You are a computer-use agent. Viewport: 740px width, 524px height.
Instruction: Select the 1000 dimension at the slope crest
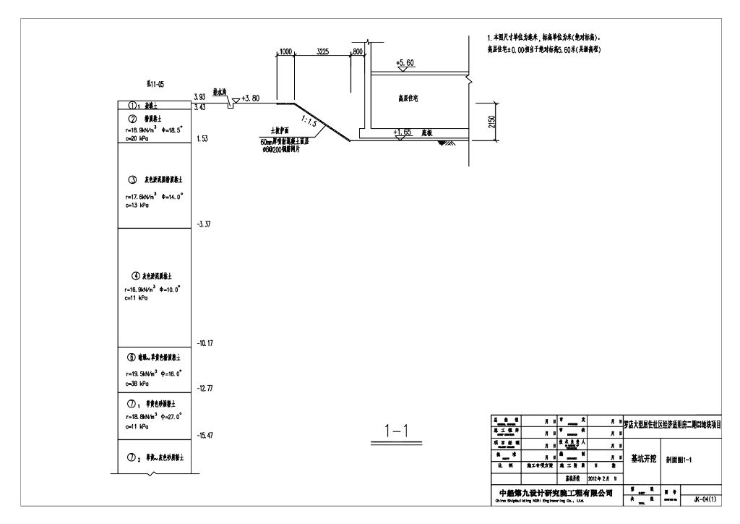click(285, 52)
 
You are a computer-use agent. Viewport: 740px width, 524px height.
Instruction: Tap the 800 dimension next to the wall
click(357, 52)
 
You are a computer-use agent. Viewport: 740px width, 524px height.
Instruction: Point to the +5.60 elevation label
click(405, 64)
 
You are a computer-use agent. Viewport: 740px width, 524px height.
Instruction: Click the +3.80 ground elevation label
click(251, 98)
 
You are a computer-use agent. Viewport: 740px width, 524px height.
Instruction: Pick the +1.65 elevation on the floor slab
click(403, 133)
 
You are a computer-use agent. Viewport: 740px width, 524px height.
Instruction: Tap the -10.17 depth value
click(206, 343)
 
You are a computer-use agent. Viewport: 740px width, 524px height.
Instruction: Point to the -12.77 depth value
click(206, 389)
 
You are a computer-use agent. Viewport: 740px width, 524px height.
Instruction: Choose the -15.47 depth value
click(206, 435)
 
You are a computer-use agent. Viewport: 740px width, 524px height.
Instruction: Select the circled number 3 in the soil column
click(132, 179)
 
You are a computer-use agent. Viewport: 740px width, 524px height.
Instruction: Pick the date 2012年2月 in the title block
click(583, 478)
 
